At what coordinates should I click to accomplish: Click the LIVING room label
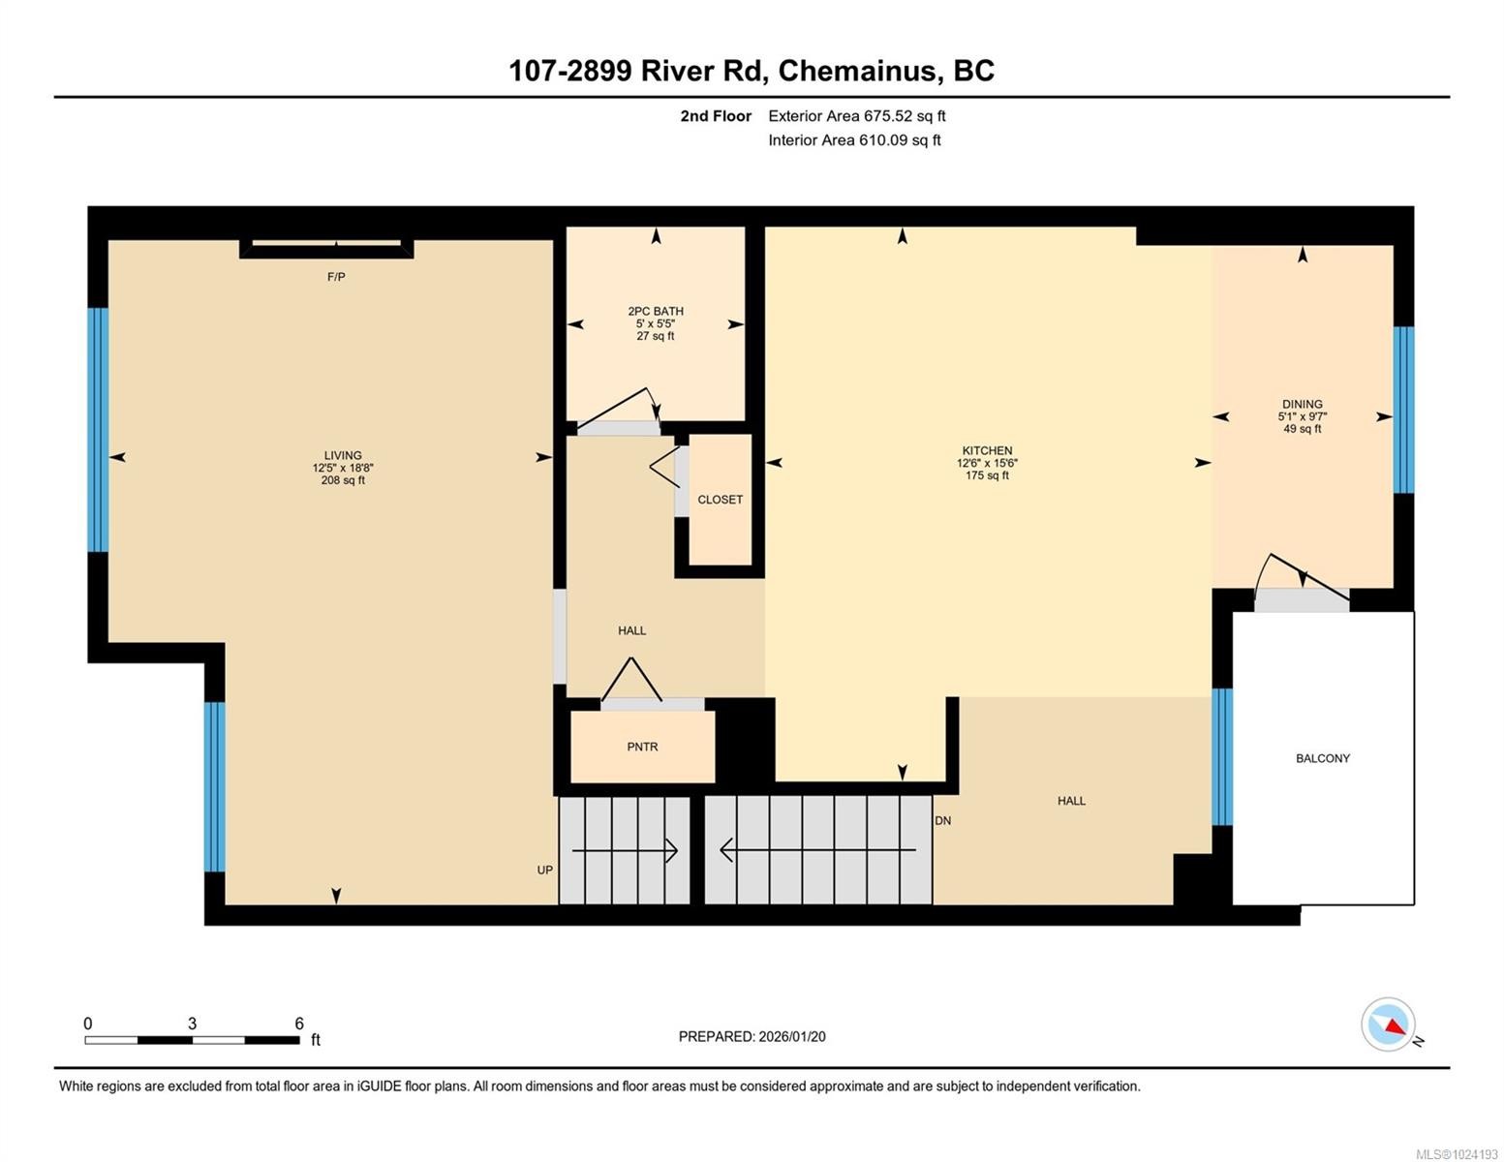point(343,455)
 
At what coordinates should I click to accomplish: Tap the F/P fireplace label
point(336,277)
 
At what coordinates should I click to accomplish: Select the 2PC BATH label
point(656,311)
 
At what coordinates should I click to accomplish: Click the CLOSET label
point(720,500)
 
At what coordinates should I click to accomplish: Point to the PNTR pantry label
point(642,747)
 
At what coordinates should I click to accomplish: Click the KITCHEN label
point(987,450)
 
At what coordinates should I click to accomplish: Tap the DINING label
point(1302,404)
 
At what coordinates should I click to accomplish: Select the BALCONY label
point(1322,758)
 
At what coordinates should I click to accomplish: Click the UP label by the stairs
point(545,870)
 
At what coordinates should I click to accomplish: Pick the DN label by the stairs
point(942,820)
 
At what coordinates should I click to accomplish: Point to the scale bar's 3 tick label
point(192,1024)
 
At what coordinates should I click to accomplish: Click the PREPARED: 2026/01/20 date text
point(752,1036)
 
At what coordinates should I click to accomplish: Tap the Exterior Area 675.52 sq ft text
point(856,116)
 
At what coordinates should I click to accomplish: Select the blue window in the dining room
point(1403,410)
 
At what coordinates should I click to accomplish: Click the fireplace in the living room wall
point(326,248)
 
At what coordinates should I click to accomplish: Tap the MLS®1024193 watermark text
point(1457,1153)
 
